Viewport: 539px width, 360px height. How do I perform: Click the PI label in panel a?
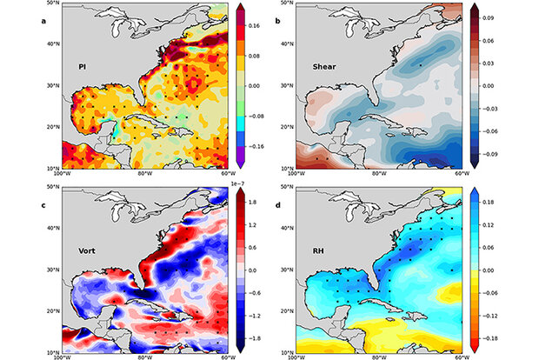click(81, 66)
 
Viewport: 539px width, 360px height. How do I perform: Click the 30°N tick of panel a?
click(51, 85)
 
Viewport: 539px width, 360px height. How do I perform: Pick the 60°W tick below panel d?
click(461, 357)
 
